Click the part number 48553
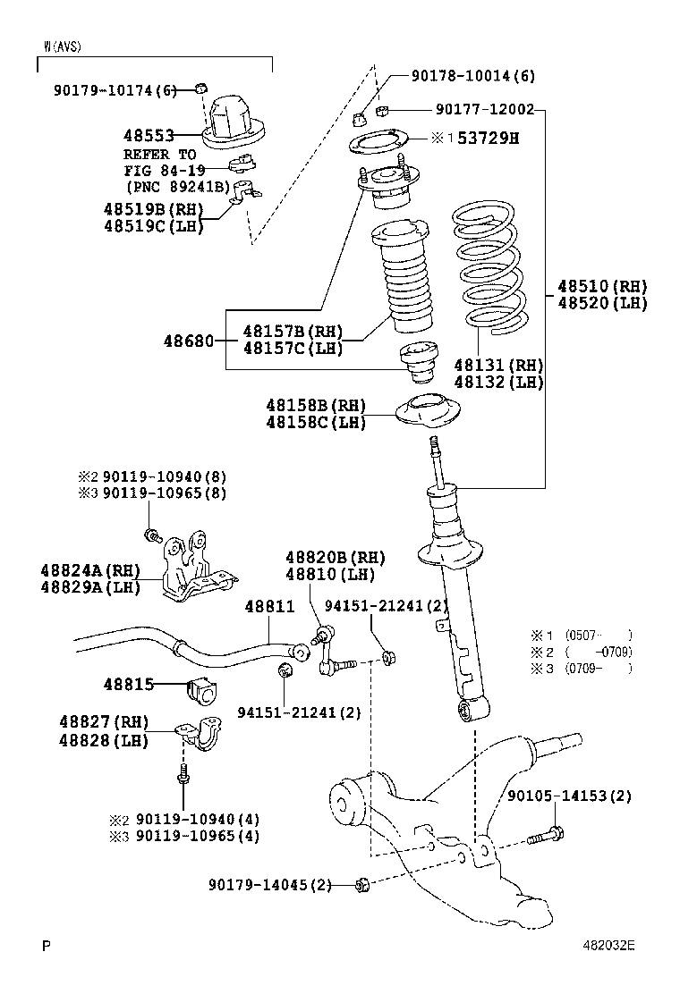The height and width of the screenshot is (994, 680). coord(149,135)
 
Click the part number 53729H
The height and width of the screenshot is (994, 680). coord(489,138)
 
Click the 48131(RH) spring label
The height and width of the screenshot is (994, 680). coord(498,366)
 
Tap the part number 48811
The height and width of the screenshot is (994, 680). coord(269,607)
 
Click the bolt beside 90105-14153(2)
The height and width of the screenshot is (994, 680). coord(543,838)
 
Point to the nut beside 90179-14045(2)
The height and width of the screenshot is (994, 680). coord(362,885)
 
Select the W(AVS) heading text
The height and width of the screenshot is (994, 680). coord(62,46)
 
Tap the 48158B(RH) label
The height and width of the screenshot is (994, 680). coord(316,406)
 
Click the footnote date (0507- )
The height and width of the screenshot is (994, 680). coord(599,636)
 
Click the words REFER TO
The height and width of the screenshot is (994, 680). coord(160,154)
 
